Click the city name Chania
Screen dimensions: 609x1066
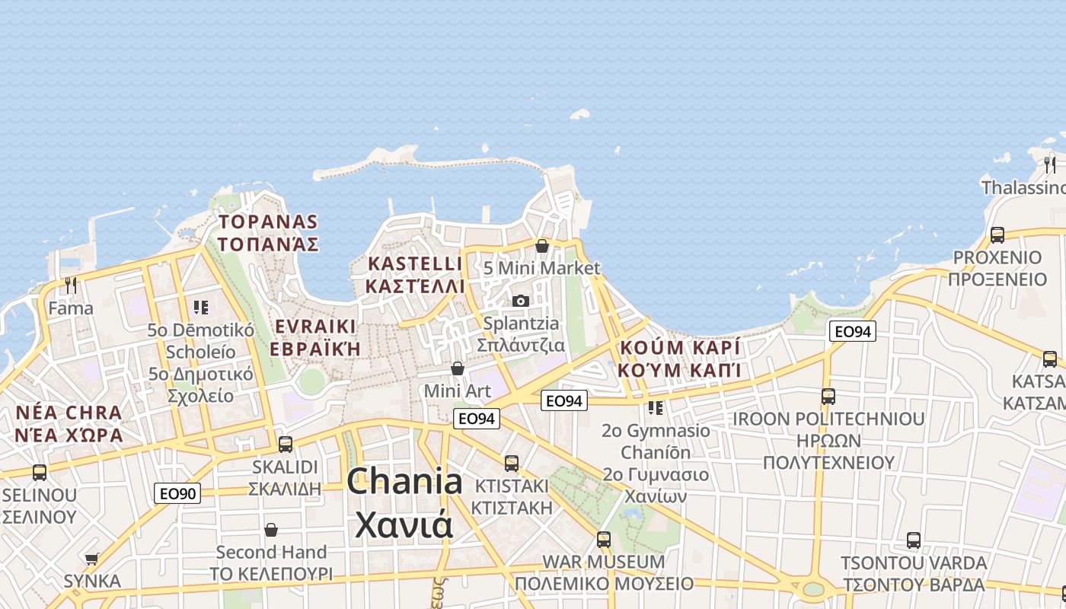pos(404,482)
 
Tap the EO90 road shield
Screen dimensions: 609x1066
pos(177,493)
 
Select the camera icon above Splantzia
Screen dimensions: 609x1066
pos(521,301)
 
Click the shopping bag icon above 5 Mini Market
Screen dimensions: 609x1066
pos(542,246)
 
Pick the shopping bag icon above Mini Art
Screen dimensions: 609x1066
pos(458,368)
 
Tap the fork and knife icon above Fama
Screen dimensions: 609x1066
pos(71,285)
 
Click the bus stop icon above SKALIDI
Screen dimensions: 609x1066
pos(286,444)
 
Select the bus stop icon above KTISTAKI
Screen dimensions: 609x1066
pos(512,463)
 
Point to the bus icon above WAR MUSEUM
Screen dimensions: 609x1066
pos(604,539)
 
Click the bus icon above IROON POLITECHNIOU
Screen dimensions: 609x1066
pos(828,396)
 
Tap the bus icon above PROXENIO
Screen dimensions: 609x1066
pos(997,234)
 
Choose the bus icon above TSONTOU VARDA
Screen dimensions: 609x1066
pos(914,540)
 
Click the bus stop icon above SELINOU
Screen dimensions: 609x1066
pos(40,472)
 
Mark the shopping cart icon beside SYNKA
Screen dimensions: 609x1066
pos(92,560)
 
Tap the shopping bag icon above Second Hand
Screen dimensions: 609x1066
pos(271,530)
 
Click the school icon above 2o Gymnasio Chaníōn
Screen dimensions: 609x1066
pos(656,407)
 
